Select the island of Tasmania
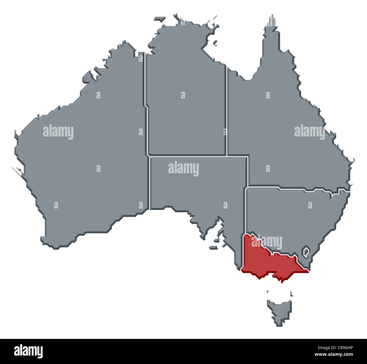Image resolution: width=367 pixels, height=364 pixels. pos(280,310)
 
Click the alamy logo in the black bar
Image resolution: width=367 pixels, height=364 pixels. pos(28,351)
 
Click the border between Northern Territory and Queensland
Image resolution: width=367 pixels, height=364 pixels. pos(226,113)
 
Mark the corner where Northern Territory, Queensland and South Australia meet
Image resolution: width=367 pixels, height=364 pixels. pos(226,155)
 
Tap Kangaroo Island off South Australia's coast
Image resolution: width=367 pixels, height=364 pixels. pos(213,248)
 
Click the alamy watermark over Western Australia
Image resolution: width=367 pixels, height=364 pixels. pos(58,132)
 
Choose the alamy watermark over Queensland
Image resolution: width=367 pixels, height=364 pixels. pos(309,132)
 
